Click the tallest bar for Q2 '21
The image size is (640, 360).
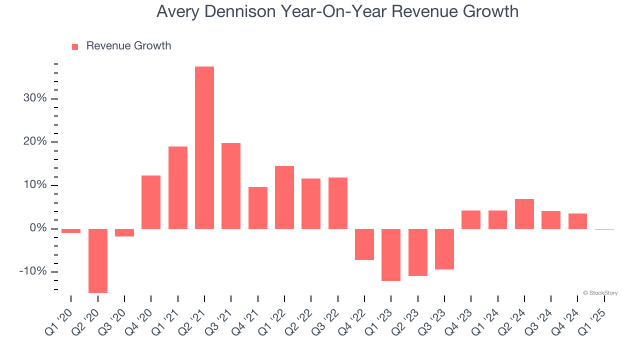tap(204, 147)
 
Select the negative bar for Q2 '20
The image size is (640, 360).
tap(98, 260)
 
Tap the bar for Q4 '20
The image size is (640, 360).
tap(151, 202)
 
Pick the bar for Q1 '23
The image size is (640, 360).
tap(391, 254)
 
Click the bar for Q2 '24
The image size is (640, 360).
tap(524, 213)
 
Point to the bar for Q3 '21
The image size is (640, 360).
tap(231, 185)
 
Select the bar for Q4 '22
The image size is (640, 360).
tap(364, 244)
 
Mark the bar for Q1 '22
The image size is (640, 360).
tap(284, 197)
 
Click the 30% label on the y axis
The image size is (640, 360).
tap(35, 98)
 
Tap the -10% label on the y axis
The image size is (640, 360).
tap(33, 271)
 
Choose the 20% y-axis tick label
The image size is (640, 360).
tap(35, 142)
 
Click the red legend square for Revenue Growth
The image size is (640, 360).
tap(75, 46)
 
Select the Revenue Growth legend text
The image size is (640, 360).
tap(128, 46)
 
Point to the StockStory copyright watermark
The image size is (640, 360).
tap(600, 293)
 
